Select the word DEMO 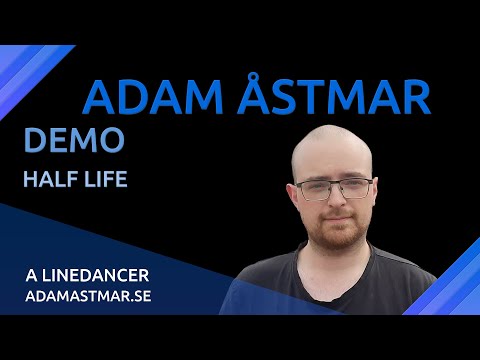73,141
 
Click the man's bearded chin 336,240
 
